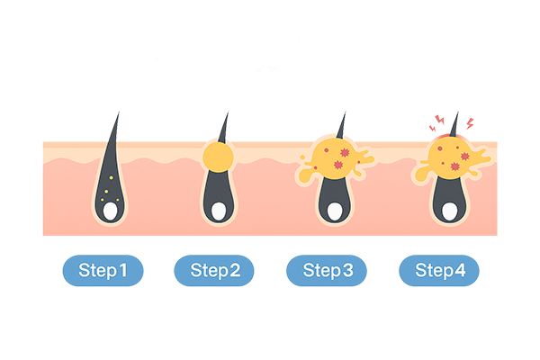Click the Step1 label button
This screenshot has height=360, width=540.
103,270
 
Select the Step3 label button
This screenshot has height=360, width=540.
328,270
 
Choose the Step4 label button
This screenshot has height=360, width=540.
440,270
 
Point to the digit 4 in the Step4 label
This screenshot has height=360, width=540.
461,270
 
